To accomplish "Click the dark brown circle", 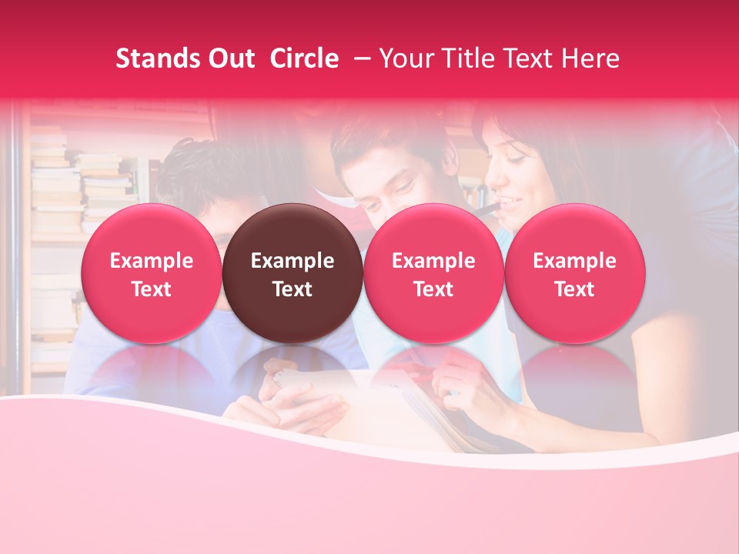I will tap(293, 274).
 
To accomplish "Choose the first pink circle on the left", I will tap(152, 274).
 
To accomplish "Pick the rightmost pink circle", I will tap(574, 274).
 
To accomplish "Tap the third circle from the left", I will tap(433, 274).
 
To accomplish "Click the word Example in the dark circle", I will tap(293, 261).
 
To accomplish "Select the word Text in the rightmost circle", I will tap(574, 289).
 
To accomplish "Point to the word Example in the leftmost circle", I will tap(152, 261).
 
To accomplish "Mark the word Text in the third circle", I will tap(433, 289).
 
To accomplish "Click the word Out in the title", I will tap(230, 58).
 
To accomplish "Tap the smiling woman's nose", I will tap(497, 185).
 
